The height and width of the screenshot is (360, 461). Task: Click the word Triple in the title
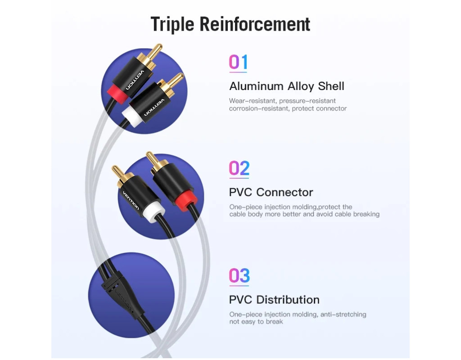(x=172, y=24)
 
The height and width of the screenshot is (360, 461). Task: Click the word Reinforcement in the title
(x=255, y=24)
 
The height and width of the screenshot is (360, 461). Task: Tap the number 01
(x=238, y=62)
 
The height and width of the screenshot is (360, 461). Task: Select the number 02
(x=239, y=168)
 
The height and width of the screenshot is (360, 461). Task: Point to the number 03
(x=240, y=276)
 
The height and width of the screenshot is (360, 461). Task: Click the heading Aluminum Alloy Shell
(x=287, y=86)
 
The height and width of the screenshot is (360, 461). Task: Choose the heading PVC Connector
(x=271, y=193)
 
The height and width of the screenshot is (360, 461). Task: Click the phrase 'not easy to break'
(x=256, y=322)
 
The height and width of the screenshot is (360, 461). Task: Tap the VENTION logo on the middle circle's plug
(x=131, y=200)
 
